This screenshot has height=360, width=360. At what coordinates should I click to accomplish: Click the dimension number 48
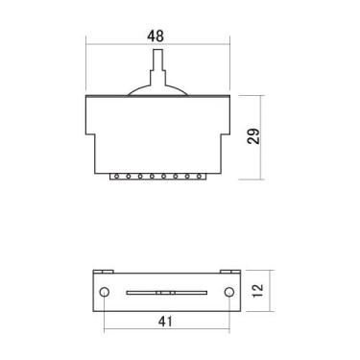point(156,36)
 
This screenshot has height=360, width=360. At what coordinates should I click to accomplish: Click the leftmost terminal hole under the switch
point(115,177)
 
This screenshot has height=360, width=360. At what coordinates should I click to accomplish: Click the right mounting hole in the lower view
point(228,292)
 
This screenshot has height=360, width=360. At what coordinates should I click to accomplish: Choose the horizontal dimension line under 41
point(165,314)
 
